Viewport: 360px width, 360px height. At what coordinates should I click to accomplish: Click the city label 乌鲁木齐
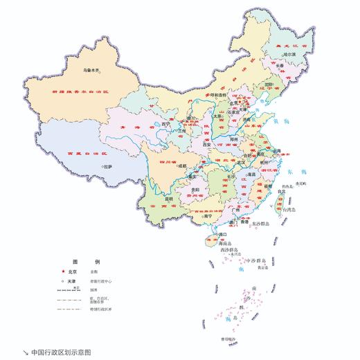[x=93, y=70]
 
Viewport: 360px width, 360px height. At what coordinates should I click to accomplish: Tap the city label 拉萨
[x=109, y=167]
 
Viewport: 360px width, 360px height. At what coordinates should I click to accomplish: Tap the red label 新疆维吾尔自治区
[x=82, y=91]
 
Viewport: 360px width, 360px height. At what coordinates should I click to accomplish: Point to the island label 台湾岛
[x=286, y=207]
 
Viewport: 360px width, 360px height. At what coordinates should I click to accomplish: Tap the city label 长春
[x=277, y=66]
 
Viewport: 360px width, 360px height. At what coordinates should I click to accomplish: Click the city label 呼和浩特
[x=219, y=96]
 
